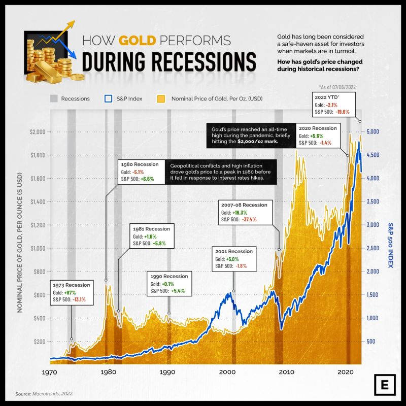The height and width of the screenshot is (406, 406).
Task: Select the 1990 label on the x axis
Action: pyautogui.click(x=167, y=373)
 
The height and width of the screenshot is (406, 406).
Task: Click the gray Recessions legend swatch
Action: pyautogui.click(x=53, y=98)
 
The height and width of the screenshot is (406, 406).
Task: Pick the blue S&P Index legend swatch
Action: pyautogui.click(x=108, y=98)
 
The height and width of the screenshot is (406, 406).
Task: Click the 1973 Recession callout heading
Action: pyautogui.click(x=71, y=285)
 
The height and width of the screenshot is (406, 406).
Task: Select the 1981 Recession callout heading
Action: pyautogui.click(x=151, y=229)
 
